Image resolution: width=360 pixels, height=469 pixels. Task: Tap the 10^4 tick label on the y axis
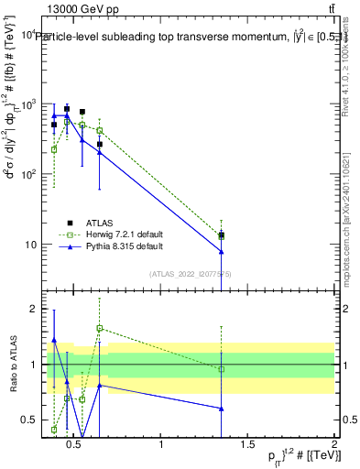[25, 34]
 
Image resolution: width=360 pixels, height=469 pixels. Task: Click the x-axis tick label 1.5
[247, 444]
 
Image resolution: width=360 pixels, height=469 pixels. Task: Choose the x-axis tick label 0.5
[76, 444]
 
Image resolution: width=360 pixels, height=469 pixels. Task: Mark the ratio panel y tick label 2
[31, 309]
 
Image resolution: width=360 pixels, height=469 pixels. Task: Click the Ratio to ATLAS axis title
[11, 364]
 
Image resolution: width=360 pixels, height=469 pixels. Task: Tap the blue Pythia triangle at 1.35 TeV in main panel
[222, 251]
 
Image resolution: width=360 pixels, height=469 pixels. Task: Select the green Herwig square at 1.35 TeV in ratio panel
[222, 369]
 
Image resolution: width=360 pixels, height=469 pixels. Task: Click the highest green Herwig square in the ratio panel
[100, 328]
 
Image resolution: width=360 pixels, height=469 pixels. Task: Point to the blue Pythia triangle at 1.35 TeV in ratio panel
[222, 409]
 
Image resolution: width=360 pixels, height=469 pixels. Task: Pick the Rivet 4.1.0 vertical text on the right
[346, 69]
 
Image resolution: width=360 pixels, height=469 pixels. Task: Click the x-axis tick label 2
[333, 444]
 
